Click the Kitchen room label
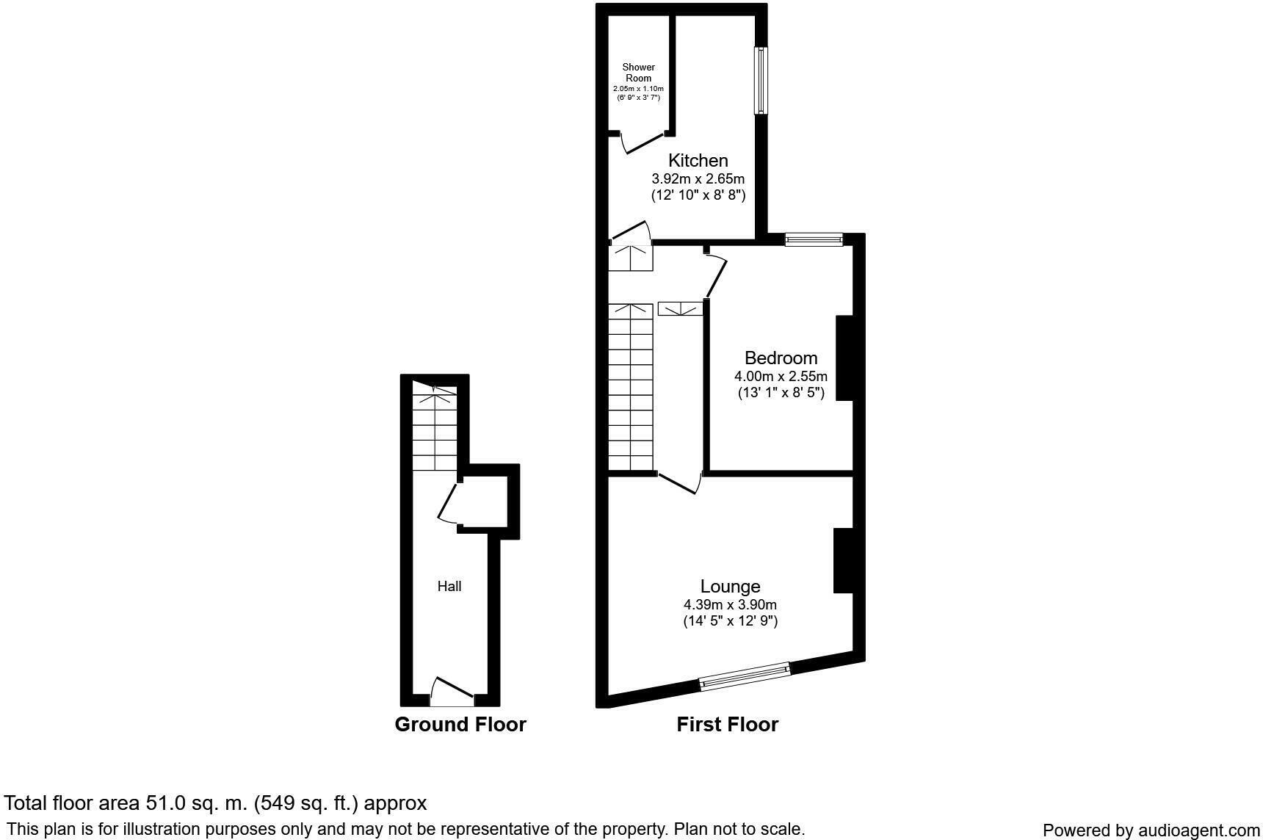point(698,160)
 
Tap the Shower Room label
point(638,73)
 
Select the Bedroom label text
point(781,358)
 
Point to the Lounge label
point(730,586)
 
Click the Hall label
point(449,586)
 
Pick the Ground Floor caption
point(460,724)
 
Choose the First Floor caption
point(727,724)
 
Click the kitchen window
point(761,81)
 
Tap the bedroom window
point(814,239)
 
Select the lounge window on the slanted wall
point(744,676)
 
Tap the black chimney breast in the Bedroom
point(844,358)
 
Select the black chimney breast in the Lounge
point(843,560)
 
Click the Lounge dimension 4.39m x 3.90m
point(730,604)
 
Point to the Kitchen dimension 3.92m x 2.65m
point(698,178)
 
